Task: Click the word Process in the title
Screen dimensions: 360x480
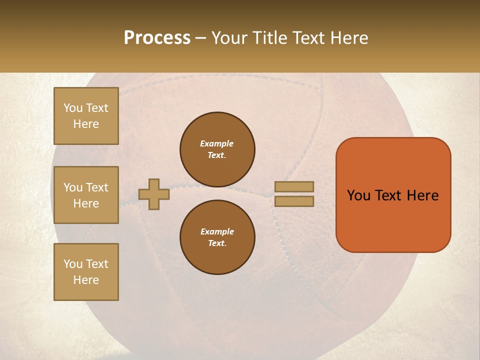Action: pos(157,38)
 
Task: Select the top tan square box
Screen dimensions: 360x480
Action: pos(86,116)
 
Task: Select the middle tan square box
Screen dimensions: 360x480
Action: pos(86,195)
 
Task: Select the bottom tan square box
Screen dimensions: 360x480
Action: pos(86,272)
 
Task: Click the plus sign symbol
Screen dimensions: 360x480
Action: pos(153,194)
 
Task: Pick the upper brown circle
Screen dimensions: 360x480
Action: pos(217,149)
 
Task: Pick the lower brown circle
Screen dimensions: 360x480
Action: pos(217,237)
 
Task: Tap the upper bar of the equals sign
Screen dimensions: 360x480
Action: pos(294,187)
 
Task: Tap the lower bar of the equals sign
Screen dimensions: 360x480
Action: pos(294,201)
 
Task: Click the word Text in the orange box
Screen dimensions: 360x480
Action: pos(389,195)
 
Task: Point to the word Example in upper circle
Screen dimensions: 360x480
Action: pos(217,143)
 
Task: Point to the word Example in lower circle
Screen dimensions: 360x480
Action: pos(217,231)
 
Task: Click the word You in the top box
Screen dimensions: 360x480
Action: pos(73,108)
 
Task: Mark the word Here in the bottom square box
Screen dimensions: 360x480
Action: pos(86,280)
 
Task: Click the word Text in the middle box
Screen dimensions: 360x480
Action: pos(96,187)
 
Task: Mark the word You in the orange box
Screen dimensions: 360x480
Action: pos(358,195)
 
